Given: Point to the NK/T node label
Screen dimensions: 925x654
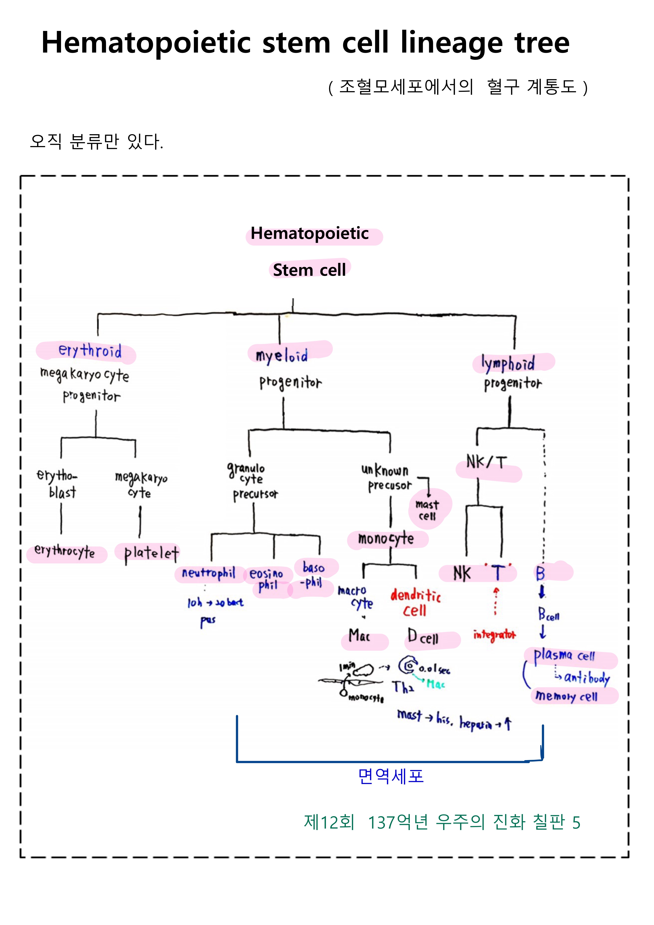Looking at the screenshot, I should [x=486, y=462].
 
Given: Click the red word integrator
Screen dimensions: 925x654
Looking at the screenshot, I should [x=494, y=635].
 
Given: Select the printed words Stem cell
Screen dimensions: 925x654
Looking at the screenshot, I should [x=309, y=270].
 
